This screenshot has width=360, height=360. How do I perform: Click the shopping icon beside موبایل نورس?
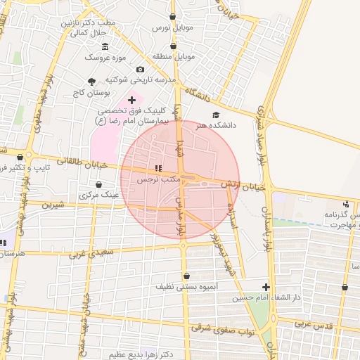click(174, 16)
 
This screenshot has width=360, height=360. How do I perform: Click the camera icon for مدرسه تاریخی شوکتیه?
click(141, 70)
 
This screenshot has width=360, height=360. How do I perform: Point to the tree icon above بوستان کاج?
click(92, 82)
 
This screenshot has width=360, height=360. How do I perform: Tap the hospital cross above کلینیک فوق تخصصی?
click(131, 101)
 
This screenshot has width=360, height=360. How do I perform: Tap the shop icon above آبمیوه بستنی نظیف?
click(186, 276)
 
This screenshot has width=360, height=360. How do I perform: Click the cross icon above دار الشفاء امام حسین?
click(266, 287)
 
